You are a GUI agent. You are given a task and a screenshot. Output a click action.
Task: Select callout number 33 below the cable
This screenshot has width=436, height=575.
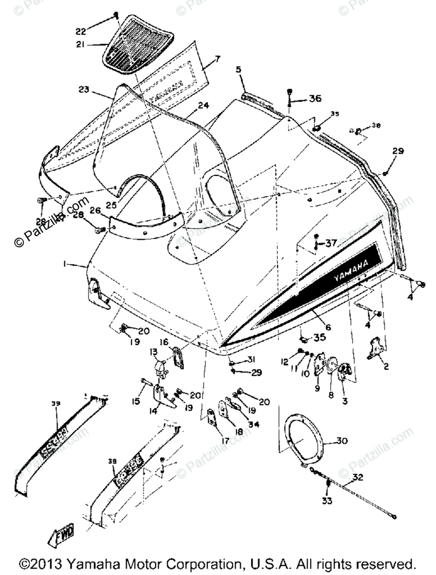coord(327,501)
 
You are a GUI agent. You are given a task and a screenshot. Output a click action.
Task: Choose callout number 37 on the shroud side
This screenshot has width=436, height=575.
coord(331,243)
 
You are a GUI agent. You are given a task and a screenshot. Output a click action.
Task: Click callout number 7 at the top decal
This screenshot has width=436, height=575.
coord(218,59)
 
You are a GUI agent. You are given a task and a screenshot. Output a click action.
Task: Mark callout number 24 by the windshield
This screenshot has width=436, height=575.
coord(203,105)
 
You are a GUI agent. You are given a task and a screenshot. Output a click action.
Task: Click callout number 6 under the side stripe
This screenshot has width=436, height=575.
coord(328,327)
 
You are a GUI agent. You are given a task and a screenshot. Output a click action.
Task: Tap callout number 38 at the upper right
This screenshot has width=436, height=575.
coord(377,126)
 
